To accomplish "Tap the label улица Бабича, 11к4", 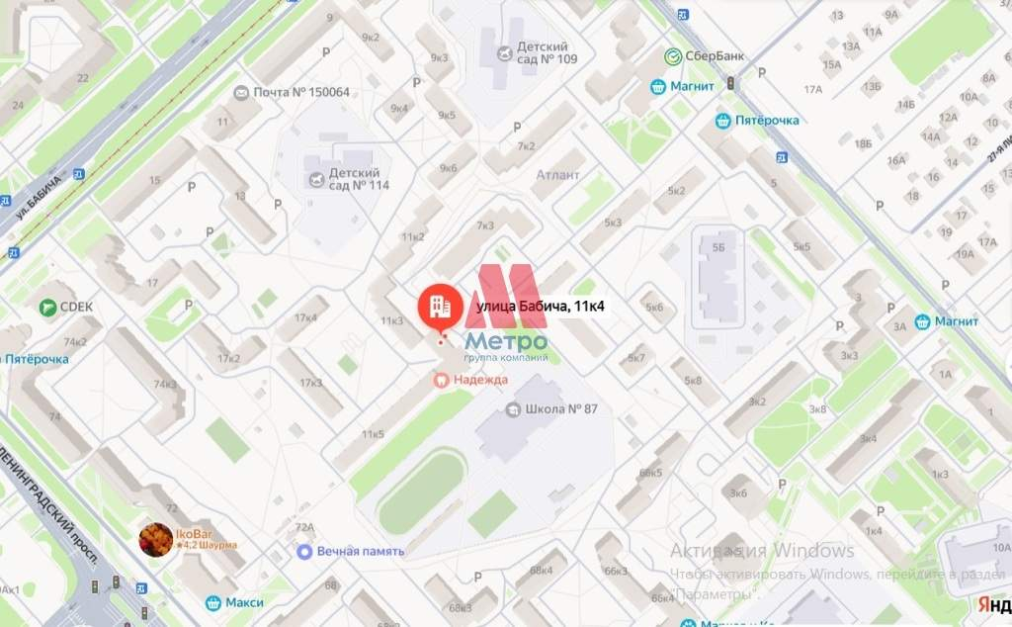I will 541,308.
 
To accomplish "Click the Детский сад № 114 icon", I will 316,180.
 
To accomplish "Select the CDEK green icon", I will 47,308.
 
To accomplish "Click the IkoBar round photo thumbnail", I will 154,540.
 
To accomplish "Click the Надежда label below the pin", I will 479,379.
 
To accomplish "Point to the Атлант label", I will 557,175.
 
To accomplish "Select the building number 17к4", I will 304,317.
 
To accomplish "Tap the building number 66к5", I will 650,473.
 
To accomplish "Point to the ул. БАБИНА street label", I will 39,197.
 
